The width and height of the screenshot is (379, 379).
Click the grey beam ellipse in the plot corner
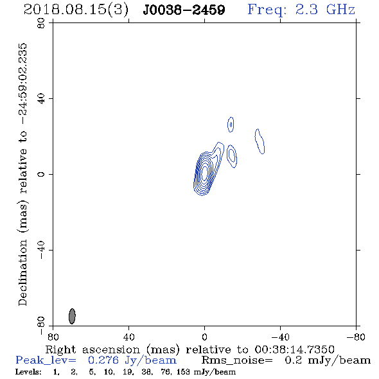(72, 316)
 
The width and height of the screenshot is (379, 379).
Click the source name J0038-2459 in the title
(184, 10)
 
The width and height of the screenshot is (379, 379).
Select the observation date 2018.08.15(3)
(76, 10)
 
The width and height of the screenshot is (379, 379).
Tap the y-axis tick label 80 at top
(41, 23)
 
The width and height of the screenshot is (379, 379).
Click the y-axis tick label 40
(41, 99)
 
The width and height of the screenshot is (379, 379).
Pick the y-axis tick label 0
(41, 174)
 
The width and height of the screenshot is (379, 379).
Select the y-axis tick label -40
(41, 250)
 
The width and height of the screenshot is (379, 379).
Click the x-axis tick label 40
(128, 337)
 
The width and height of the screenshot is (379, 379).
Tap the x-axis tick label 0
(204, 337)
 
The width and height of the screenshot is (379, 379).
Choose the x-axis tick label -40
(280, 337)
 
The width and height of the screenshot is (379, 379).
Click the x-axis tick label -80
(356, 337)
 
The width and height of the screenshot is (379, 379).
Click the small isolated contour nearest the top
(231, 125)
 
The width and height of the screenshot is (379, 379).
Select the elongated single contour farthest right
(260, 141)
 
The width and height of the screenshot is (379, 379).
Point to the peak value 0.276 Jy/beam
(132, 360)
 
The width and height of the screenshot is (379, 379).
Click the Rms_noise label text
(237, 360)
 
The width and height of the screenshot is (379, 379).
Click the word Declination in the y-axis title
(22, 273)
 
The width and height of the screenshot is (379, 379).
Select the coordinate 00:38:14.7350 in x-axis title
(294, 349)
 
